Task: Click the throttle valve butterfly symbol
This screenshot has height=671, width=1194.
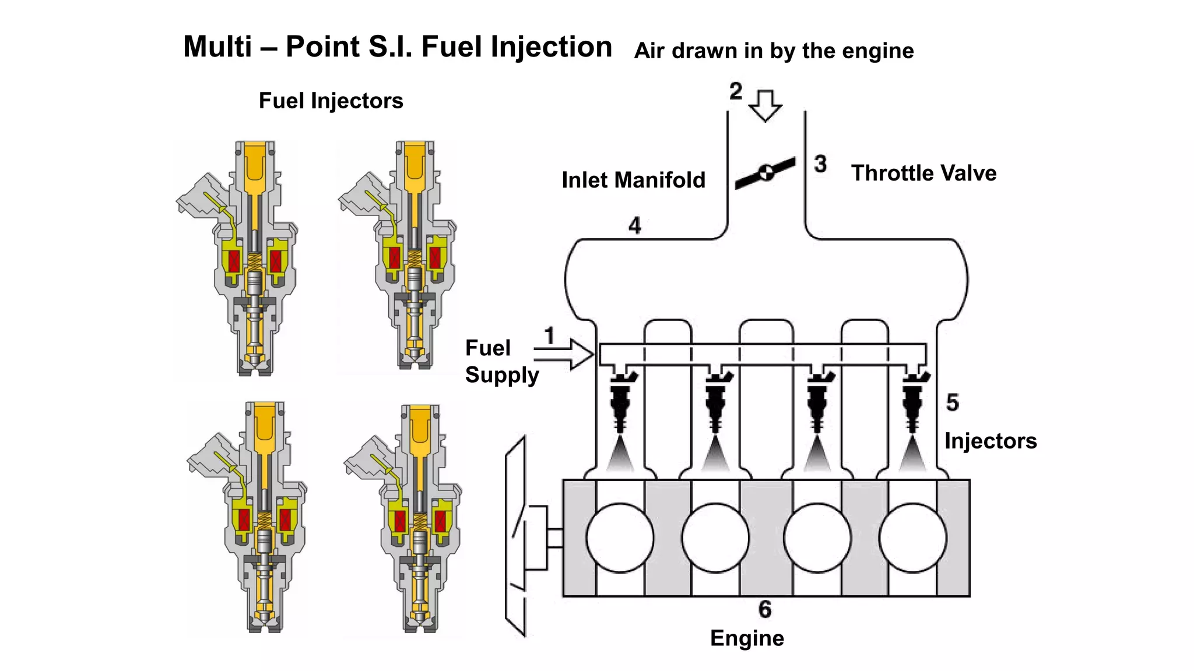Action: pyautogui.click(x=765, y=172)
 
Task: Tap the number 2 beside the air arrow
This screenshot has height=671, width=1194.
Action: pyautogui.click(x=736, y=91)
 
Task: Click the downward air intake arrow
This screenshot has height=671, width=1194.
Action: pyautogui.click(x=765, y=105)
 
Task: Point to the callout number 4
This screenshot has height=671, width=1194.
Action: pyautogui.click(x=635, y=225)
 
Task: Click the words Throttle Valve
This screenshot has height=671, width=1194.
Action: pyautogui.click(x=923, y=174)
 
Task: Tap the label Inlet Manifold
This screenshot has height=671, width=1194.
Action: pyautogui.click(x=633, y=180)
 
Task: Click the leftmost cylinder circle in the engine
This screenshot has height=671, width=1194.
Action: pyautogui.click(x=620, y=538)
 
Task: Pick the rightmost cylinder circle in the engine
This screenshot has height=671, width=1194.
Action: pyautogui.click(x=912, y=538)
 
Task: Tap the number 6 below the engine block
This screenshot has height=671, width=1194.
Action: pyautogui.click(x=765, y=609)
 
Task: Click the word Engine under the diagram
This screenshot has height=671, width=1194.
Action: pyautogui.click(x=747, y=638)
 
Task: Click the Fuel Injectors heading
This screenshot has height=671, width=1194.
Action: pyautogui.click(x=331, y=101)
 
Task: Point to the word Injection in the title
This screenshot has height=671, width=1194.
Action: pyautogui.click(x=551, y=47)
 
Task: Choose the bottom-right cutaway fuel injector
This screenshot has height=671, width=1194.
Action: pyautogui.click(x=414, y=518)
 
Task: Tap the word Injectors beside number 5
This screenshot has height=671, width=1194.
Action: pyautogui.click(x=991, y=441)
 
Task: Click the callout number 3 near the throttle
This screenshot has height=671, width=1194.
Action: pyautogui.click(x=820, y=164)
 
